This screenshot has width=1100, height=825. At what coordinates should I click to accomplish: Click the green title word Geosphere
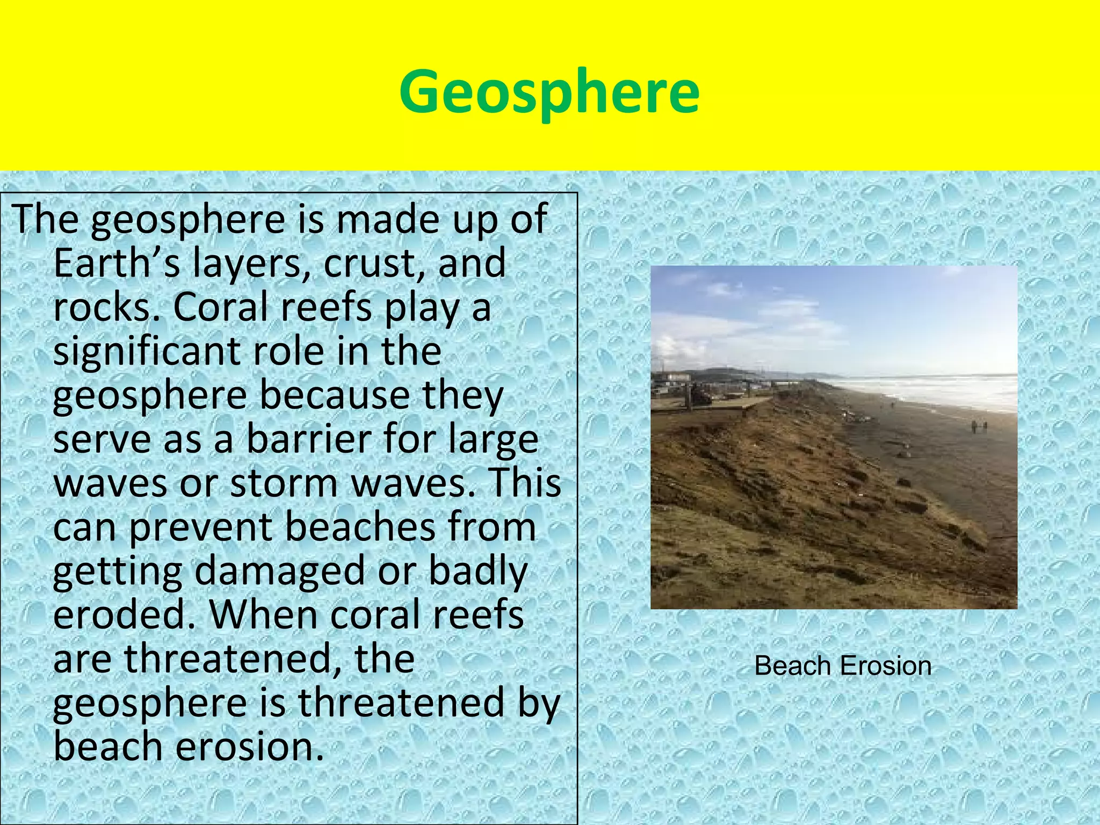click(549, 92)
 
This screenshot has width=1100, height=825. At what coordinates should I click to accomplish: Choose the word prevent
click(201, 527)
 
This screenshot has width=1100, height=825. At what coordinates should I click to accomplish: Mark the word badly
click(478, 571)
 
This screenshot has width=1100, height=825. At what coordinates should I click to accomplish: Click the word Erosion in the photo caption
click(886, 666)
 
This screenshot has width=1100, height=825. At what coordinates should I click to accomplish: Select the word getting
click(118, 571)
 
